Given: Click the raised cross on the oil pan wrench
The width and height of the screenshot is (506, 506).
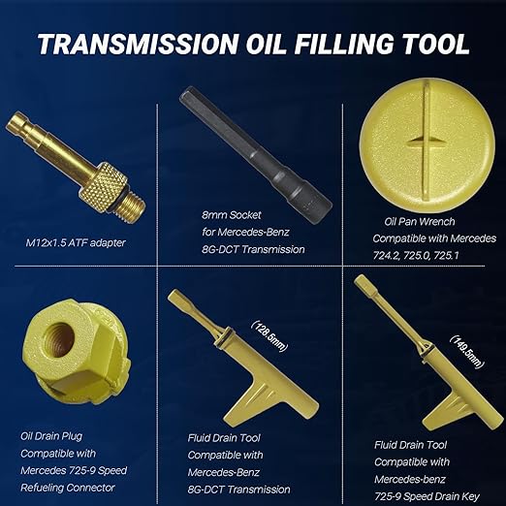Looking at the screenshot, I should coord(427,144).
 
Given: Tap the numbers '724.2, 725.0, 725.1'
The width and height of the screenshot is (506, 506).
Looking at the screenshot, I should coord(421,256).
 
